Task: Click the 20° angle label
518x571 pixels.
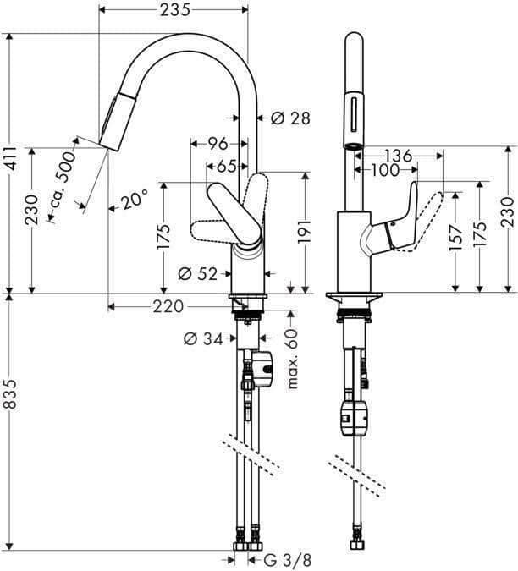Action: [134, 200]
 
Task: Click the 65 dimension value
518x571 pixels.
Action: [224, 166]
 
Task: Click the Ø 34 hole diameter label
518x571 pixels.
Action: [203, 340]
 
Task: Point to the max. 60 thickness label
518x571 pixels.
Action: [294, 360]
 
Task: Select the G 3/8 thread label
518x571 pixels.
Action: [279, 558]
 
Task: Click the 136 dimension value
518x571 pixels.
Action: [397, 156]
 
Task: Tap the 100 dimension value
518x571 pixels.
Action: [383, 170]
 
